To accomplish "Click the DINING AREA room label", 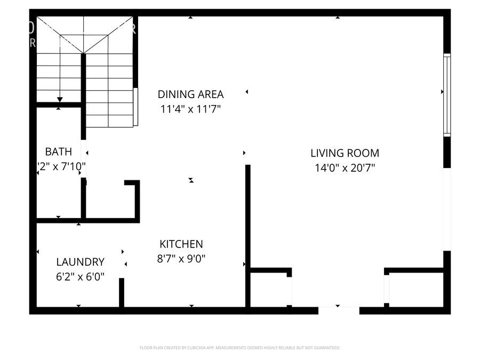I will click(x=190, y=94).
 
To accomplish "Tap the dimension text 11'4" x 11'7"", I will click(x=190, y=109).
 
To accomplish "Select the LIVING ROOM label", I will click(x=345, y=153).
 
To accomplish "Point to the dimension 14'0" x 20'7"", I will click(x=345, y=168).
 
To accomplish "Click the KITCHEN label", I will click(x=181, y=244).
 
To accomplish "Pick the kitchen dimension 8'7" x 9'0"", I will click(x=181, y=259).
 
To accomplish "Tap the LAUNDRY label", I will click(x=81, y=262).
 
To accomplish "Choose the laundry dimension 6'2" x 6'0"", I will click(x=81, y=276).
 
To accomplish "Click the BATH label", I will click(x=58, y=151).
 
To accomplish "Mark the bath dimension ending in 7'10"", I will click(x=60, y=166).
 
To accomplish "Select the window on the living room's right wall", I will click(x=447, y=94).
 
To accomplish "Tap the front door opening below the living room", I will click(x=339, y=309).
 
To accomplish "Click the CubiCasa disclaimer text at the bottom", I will click(x=239, y=348).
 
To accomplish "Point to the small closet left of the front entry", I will click(x=270, y=289).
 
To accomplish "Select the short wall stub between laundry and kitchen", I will click(x=122, y=292).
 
